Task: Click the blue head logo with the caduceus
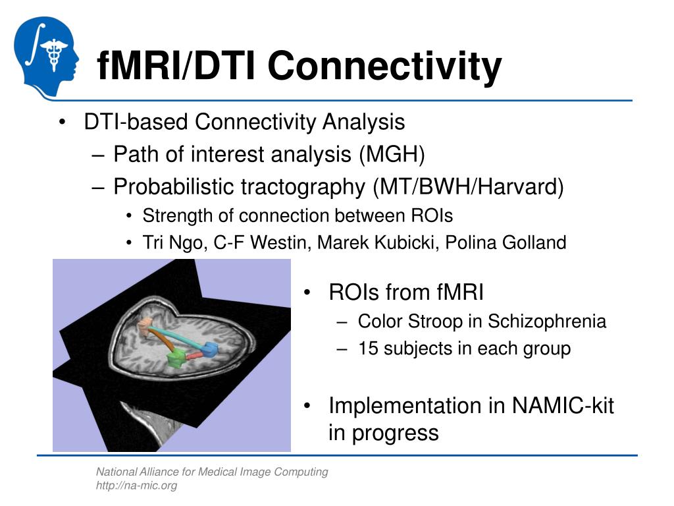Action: coord(47,57)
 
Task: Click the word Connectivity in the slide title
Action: coord(384,67)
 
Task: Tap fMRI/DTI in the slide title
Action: coord(176,66)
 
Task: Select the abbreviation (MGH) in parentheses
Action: coord(392,154)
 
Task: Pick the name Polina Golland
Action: coord(505,242)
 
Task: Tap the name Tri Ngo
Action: coord(172,242)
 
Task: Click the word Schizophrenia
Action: coord(547,322)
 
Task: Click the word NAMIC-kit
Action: coord(563,405)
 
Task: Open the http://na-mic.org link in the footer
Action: coord(136,486)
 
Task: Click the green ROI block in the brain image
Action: coord(176,358)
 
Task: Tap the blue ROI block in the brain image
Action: coord(210,349)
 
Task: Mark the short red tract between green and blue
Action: coord(194,355)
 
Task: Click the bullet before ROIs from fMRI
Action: coord(307,293)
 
